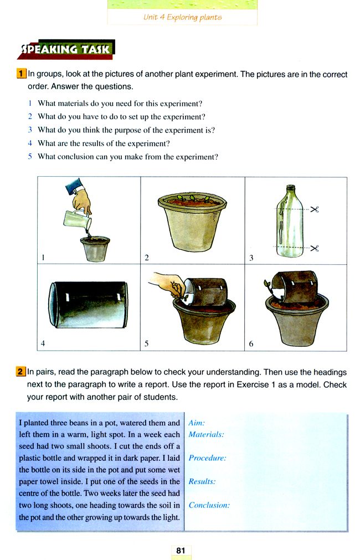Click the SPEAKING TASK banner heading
click(x=65, y=50)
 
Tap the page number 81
click(x=181, y=551)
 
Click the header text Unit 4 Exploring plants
click(x=182, y=18)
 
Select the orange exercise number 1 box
click(x=21, y=74)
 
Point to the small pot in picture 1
click(x=95, y=249)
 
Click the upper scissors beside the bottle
click(x=315, y=210)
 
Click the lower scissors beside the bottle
click(x=315, y=248)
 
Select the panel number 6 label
click(x=251, y=344)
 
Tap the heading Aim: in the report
click(x=197, y=423)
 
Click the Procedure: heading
click(x=207, y=458)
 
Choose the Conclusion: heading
click(x=209, y=505)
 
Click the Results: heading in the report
click(x=202, y=481)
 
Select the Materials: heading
click(x=206, y=434)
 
